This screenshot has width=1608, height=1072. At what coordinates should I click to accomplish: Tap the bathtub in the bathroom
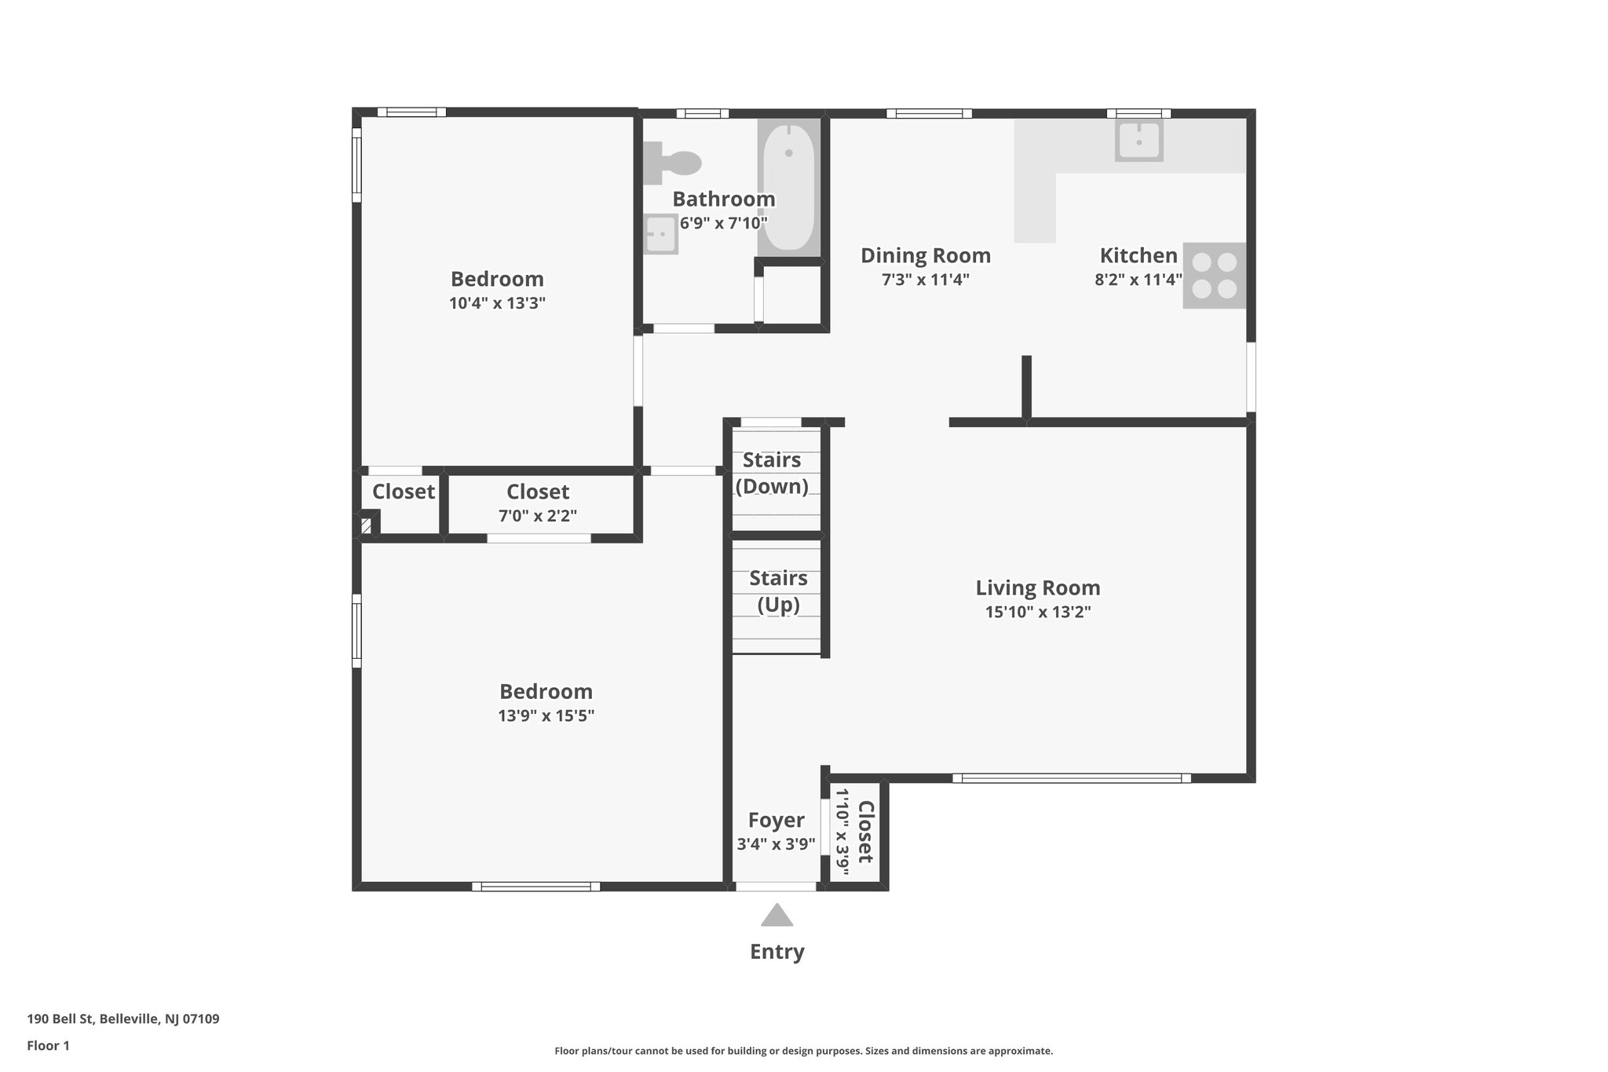(788, 188)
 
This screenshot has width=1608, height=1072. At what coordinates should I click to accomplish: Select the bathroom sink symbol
(661, 234)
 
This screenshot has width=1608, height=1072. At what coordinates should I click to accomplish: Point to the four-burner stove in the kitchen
(1214, 276)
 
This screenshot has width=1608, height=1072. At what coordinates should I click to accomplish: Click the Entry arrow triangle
(777, 916)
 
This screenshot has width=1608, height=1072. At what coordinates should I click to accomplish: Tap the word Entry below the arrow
(777, 952)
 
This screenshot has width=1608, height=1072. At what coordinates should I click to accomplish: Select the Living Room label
(1037, 587)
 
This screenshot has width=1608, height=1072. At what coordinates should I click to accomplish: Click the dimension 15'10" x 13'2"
(1037, 612)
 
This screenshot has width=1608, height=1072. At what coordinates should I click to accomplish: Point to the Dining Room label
(925, 255)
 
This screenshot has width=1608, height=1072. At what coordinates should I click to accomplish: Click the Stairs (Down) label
(772, 473)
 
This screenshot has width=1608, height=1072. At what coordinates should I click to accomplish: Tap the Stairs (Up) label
(778, 591)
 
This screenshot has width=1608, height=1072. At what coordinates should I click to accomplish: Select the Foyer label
(776, 820)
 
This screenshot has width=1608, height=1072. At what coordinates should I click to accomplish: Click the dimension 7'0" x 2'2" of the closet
(537, 516)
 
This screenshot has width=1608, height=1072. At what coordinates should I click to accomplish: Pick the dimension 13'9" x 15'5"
(546, 715)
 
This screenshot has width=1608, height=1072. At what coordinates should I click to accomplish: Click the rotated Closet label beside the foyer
(865, 832)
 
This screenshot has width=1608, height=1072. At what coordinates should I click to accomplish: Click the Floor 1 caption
(48, 1045)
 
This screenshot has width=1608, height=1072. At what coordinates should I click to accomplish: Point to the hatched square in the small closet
(366, 525)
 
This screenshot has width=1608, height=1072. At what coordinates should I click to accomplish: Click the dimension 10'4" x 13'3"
(497, 303)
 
